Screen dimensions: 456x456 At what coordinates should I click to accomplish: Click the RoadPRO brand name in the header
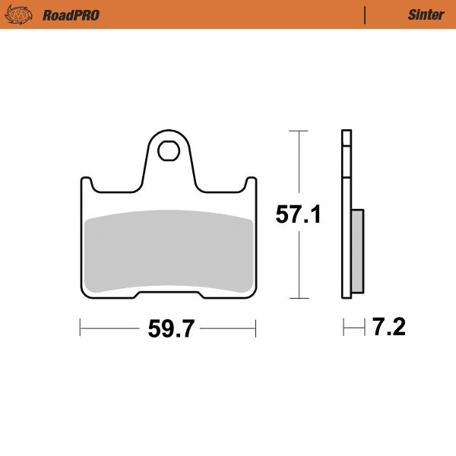tap(71, 14)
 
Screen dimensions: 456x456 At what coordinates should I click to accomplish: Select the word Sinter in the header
tap(421, 14)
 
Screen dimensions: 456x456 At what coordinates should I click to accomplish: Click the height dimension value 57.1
tap(298, 214)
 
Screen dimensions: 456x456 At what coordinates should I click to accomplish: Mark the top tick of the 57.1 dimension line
tap(299, 131)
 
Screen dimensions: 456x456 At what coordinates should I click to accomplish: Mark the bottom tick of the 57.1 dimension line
tap(299, 299)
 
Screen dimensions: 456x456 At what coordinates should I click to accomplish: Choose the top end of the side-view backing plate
tap(347, 134)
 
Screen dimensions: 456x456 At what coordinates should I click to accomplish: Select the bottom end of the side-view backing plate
tap(347, 296)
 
